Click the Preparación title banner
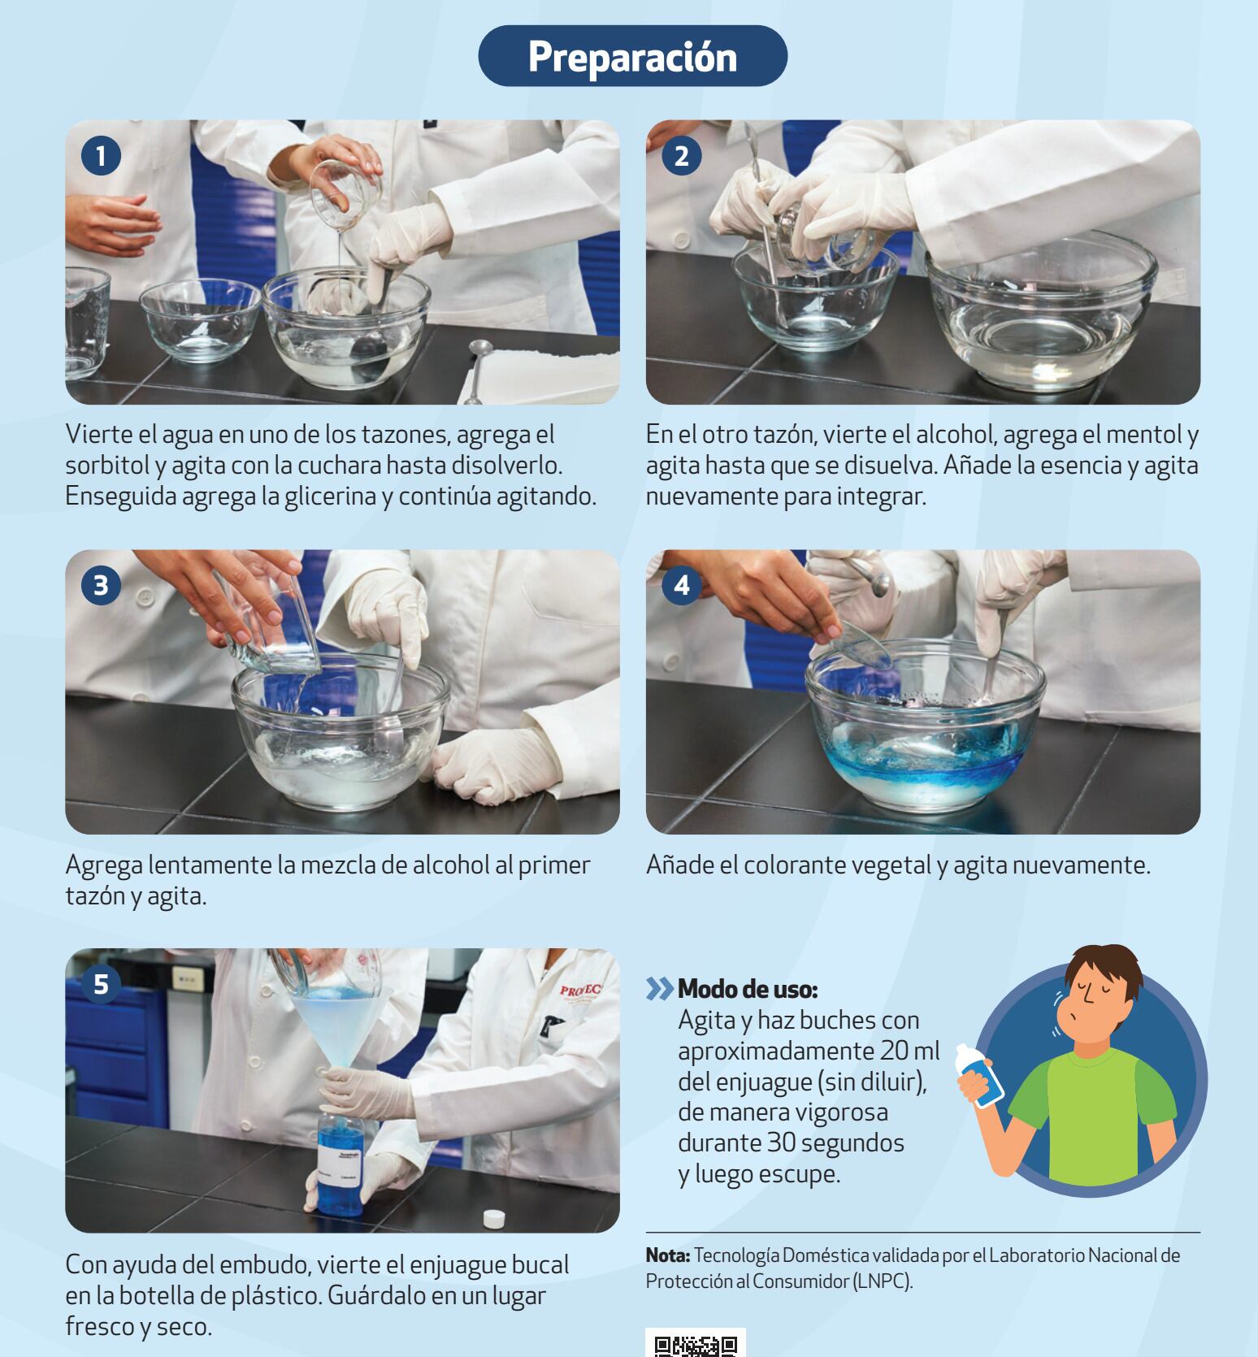(632, 56)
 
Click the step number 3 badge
(101, 585)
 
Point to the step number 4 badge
(681, 585)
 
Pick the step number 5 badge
(101, 984)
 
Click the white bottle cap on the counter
(493, 1218)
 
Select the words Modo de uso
(748, 989)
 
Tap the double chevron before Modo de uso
(660, 990)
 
